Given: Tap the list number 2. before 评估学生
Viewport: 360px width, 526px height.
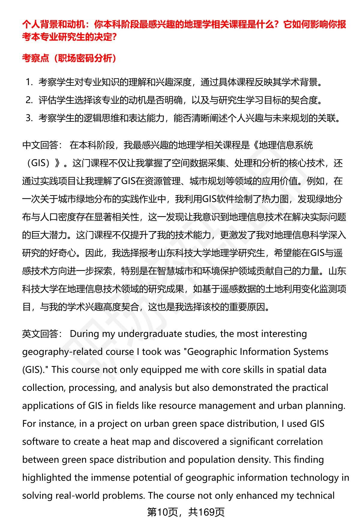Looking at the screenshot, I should click(x=29, y=100).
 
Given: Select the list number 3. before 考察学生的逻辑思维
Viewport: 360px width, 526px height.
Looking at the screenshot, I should click(x=29, y=118).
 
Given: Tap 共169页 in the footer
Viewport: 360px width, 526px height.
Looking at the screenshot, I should click(x=207, y=512).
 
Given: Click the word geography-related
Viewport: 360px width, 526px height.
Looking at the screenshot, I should click(x=61, y=352).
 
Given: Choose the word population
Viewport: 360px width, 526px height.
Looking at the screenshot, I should click(x=214, y=459).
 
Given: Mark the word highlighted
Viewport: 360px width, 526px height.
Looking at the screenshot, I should click(x=46, y=477).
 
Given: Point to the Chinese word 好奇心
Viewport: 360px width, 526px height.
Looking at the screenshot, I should click(x=63, y=253).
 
